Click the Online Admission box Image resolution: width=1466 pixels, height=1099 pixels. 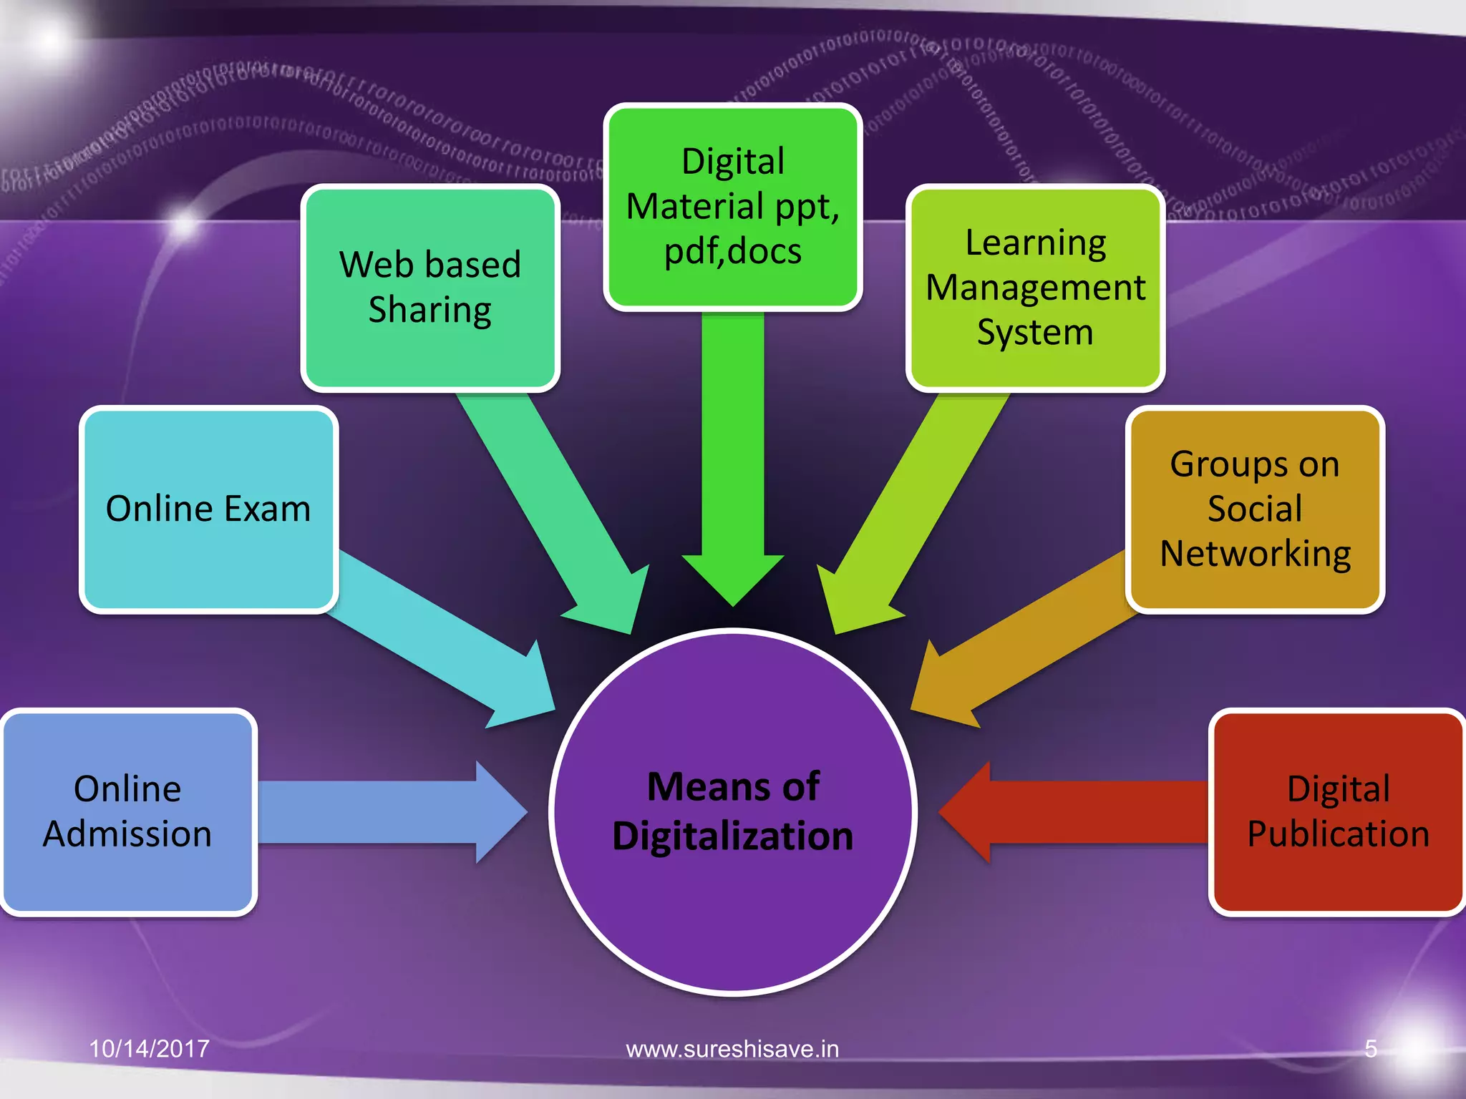click(x=128, y=812)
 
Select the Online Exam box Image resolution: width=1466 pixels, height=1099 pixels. click(x=208, y=509)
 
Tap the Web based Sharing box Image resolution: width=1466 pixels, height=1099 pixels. click(x=429, y=288)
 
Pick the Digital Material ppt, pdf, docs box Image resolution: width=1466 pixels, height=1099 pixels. click(x=732, y=206)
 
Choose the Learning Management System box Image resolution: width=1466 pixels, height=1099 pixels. click(x=1035, y=288)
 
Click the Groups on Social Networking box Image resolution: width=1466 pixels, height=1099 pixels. click(x=1255, y=509)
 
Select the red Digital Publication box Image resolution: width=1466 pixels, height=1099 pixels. click(x=1337, y=812)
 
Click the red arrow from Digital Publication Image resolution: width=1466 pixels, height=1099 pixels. click(x=1074, y=812)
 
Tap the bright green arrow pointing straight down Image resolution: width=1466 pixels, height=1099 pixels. click(x=732, y=458)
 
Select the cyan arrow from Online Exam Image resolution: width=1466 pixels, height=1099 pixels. click(x=437, y=637)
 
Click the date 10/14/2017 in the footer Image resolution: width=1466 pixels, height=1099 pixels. click(x=149, y=1049)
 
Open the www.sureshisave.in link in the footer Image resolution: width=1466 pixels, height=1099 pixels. click(x=732, y=1049)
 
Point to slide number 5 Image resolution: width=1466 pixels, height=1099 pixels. click(x=1370, y=1049)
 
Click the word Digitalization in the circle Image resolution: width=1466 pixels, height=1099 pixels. click(x=733, y=836)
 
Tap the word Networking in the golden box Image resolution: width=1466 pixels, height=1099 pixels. click(x=1255, y=554)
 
